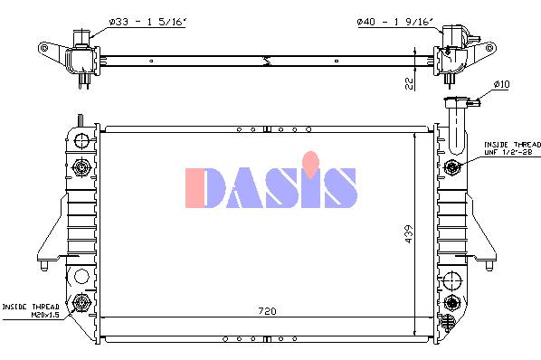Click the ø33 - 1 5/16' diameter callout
point(147,22)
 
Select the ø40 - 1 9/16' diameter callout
point(394,22)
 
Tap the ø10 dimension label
point(501,84)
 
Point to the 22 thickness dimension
point(409,83)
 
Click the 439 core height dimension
point(408,234)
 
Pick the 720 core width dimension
point(267,311)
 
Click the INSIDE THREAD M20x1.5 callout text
point(31,310)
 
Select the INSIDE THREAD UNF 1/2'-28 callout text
point(512,148)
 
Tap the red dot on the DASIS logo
point(310,164)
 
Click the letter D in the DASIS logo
point(205,188)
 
